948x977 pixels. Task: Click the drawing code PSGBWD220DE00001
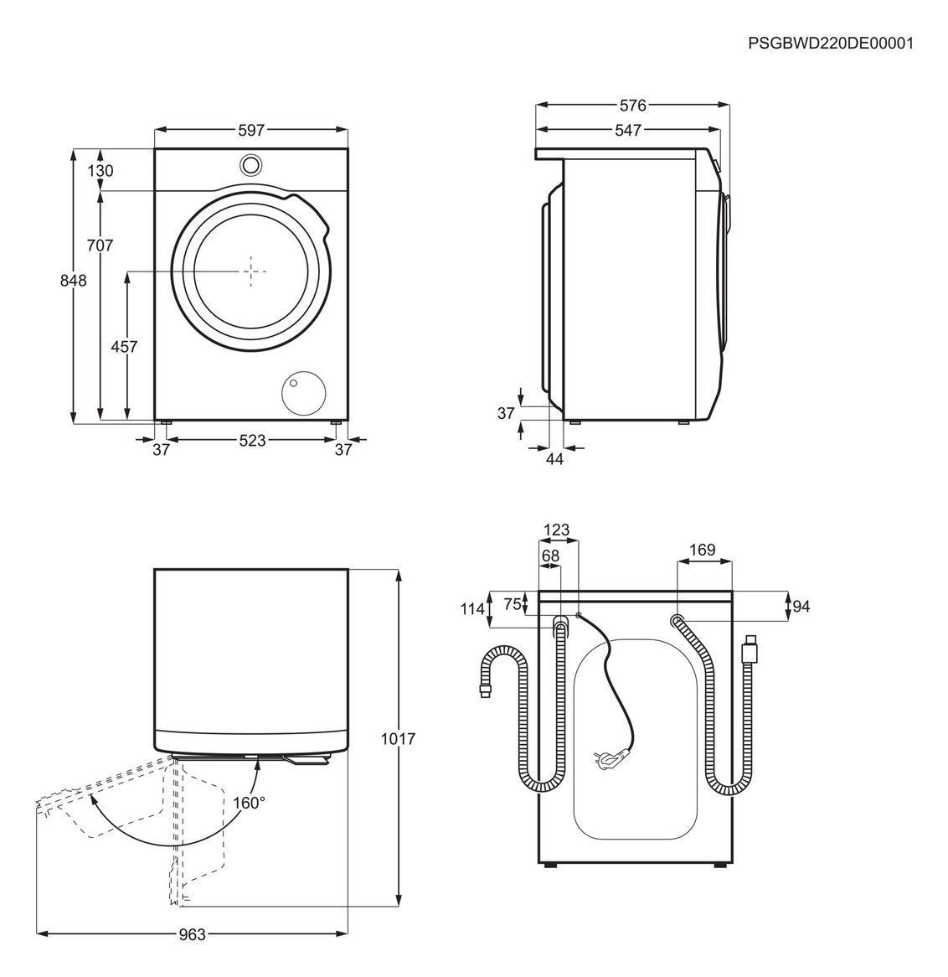[x=830, y=43]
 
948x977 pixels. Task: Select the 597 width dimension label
[x=251, y=130]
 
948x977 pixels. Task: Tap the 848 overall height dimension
[x=74, y=281]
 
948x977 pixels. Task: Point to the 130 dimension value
[x=100, y=171]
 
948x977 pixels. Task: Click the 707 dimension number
[x=100, y=246]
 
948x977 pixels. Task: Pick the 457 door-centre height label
[x=124, y=346]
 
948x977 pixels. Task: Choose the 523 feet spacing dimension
[x=252, y=440]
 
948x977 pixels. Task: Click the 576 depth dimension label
[x=633, y=106]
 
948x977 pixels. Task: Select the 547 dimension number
[x=627, y=130]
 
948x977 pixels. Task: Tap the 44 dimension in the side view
[x=554, y=458]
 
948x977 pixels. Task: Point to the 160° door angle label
[x=249, y=802]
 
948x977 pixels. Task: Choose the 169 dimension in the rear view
[x=702, y=550]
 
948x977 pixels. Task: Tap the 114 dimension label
[x=473, y=609]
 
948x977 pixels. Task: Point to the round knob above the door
[x=250, y=164]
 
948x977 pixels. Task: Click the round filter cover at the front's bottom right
[x=302, y=391]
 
